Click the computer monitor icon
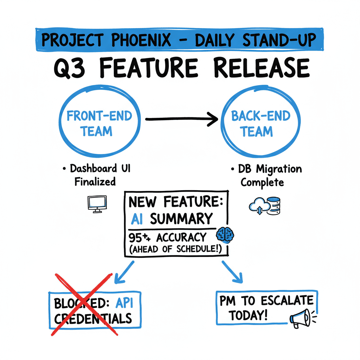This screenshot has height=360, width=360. (97, 204)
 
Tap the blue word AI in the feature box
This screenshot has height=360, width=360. (136, 219)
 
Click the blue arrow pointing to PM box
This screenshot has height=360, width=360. (232, 271)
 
